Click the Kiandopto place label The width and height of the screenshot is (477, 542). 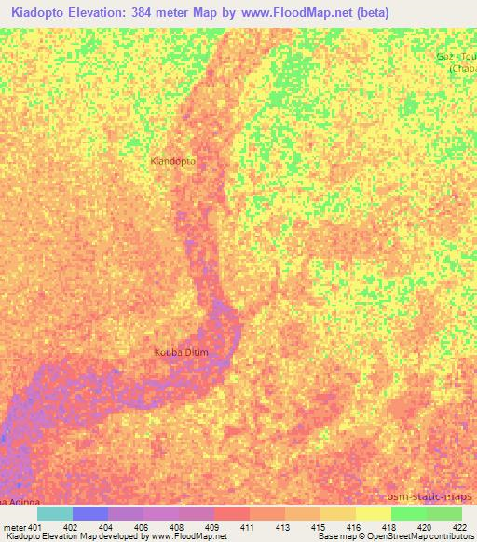click(173, 161)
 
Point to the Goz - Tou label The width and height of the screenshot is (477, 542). click(457, 57)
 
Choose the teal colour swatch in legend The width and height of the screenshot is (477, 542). click(54, 513)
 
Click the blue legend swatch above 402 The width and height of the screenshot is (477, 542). click(90, 513)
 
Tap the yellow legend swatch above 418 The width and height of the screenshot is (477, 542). click(374, 513)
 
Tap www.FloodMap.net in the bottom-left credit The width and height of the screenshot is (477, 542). click(185, 537)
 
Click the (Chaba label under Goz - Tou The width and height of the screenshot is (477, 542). click(463, 68)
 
